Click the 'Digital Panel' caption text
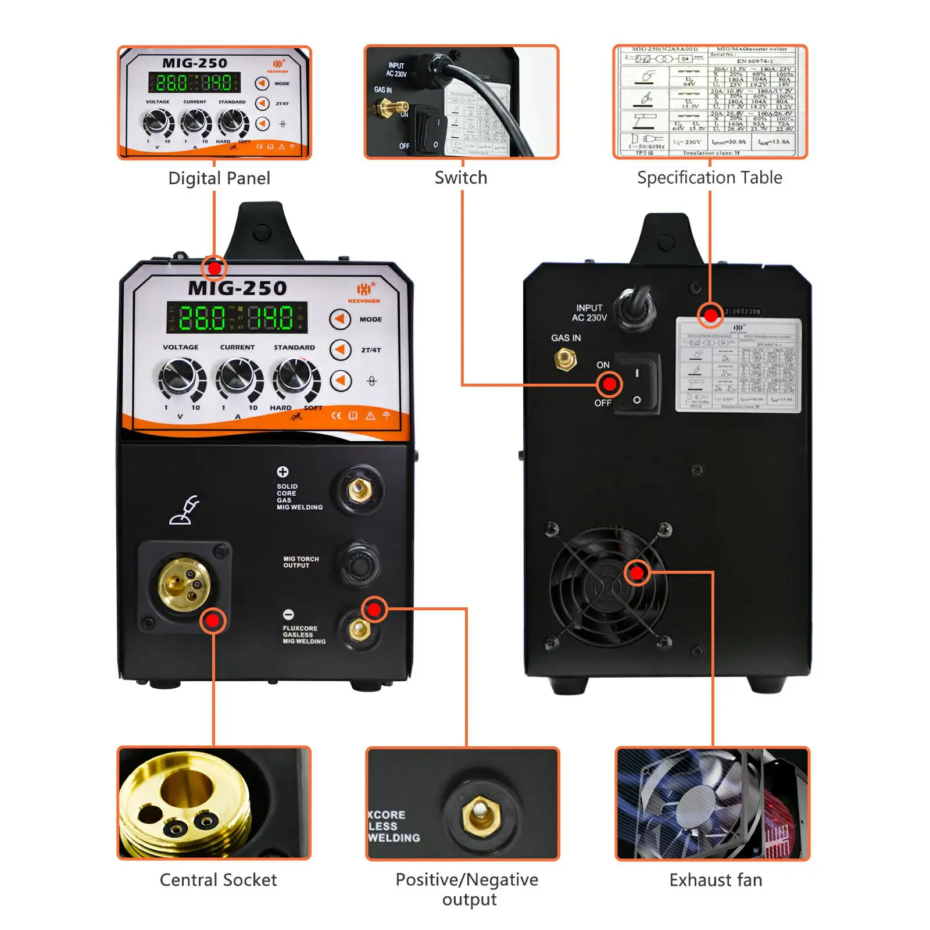[219, 178]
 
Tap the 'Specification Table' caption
[709, 177]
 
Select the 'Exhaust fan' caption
[716, 880]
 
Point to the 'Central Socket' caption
[218, 880]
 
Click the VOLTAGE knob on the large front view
[181, 377]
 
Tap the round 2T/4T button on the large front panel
[341, 350]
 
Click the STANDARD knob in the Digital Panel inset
[232, 122]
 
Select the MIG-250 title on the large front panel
[237, 288]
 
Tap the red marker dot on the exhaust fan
[637, 573]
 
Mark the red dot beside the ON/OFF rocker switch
[609, 384]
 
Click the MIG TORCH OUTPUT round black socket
[359, 563]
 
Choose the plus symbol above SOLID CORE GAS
[282, 472]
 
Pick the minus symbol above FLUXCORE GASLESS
[288, 614]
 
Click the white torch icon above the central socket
[184, 510]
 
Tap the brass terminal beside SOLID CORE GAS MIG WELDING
[359, 490]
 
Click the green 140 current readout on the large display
[271, 317]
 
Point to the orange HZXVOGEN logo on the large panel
[364, 292]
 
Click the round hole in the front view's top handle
[262, 231]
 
